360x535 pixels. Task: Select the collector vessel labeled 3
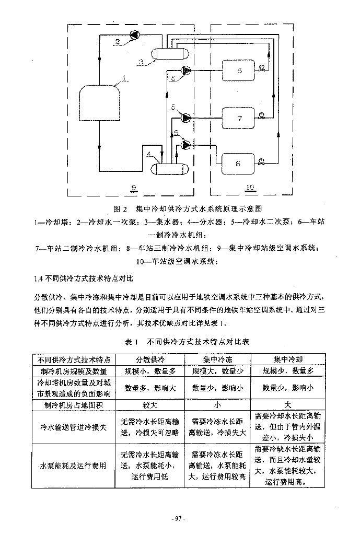coord(168,53)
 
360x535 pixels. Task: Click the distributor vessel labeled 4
coord(168,169)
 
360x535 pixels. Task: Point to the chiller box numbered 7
coord(238,118)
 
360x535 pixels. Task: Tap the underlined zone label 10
coord(249,187)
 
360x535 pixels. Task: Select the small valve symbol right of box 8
coord(261,161)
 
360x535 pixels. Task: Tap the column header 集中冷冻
coord(217,360)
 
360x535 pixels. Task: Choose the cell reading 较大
coord(150,405)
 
